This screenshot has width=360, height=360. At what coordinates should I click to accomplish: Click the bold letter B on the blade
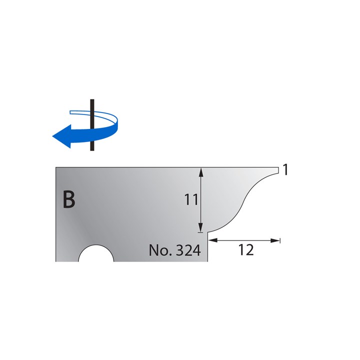coord(69,200)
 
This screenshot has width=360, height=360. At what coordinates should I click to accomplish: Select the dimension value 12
coord(246,250)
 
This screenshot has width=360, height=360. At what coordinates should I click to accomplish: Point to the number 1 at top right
coord(285,170)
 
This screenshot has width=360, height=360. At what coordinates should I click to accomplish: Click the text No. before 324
coord(158,250)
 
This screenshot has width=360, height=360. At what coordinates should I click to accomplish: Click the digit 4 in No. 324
coord(197,250)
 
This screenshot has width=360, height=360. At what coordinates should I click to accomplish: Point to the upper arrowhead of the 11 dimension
coord(200,171)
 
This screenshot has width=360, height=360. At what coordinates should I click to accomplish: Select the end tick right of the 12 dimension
coord(280,240)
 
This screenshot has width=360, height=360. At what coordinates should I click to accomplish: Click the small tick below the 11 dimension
coord(200,231)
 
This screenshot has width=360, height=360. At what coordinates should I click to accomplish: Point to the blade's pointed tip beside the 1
coord(277,169)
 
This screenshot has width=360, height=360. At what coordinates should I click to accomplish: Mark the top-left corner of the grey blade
coord(56,168)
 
